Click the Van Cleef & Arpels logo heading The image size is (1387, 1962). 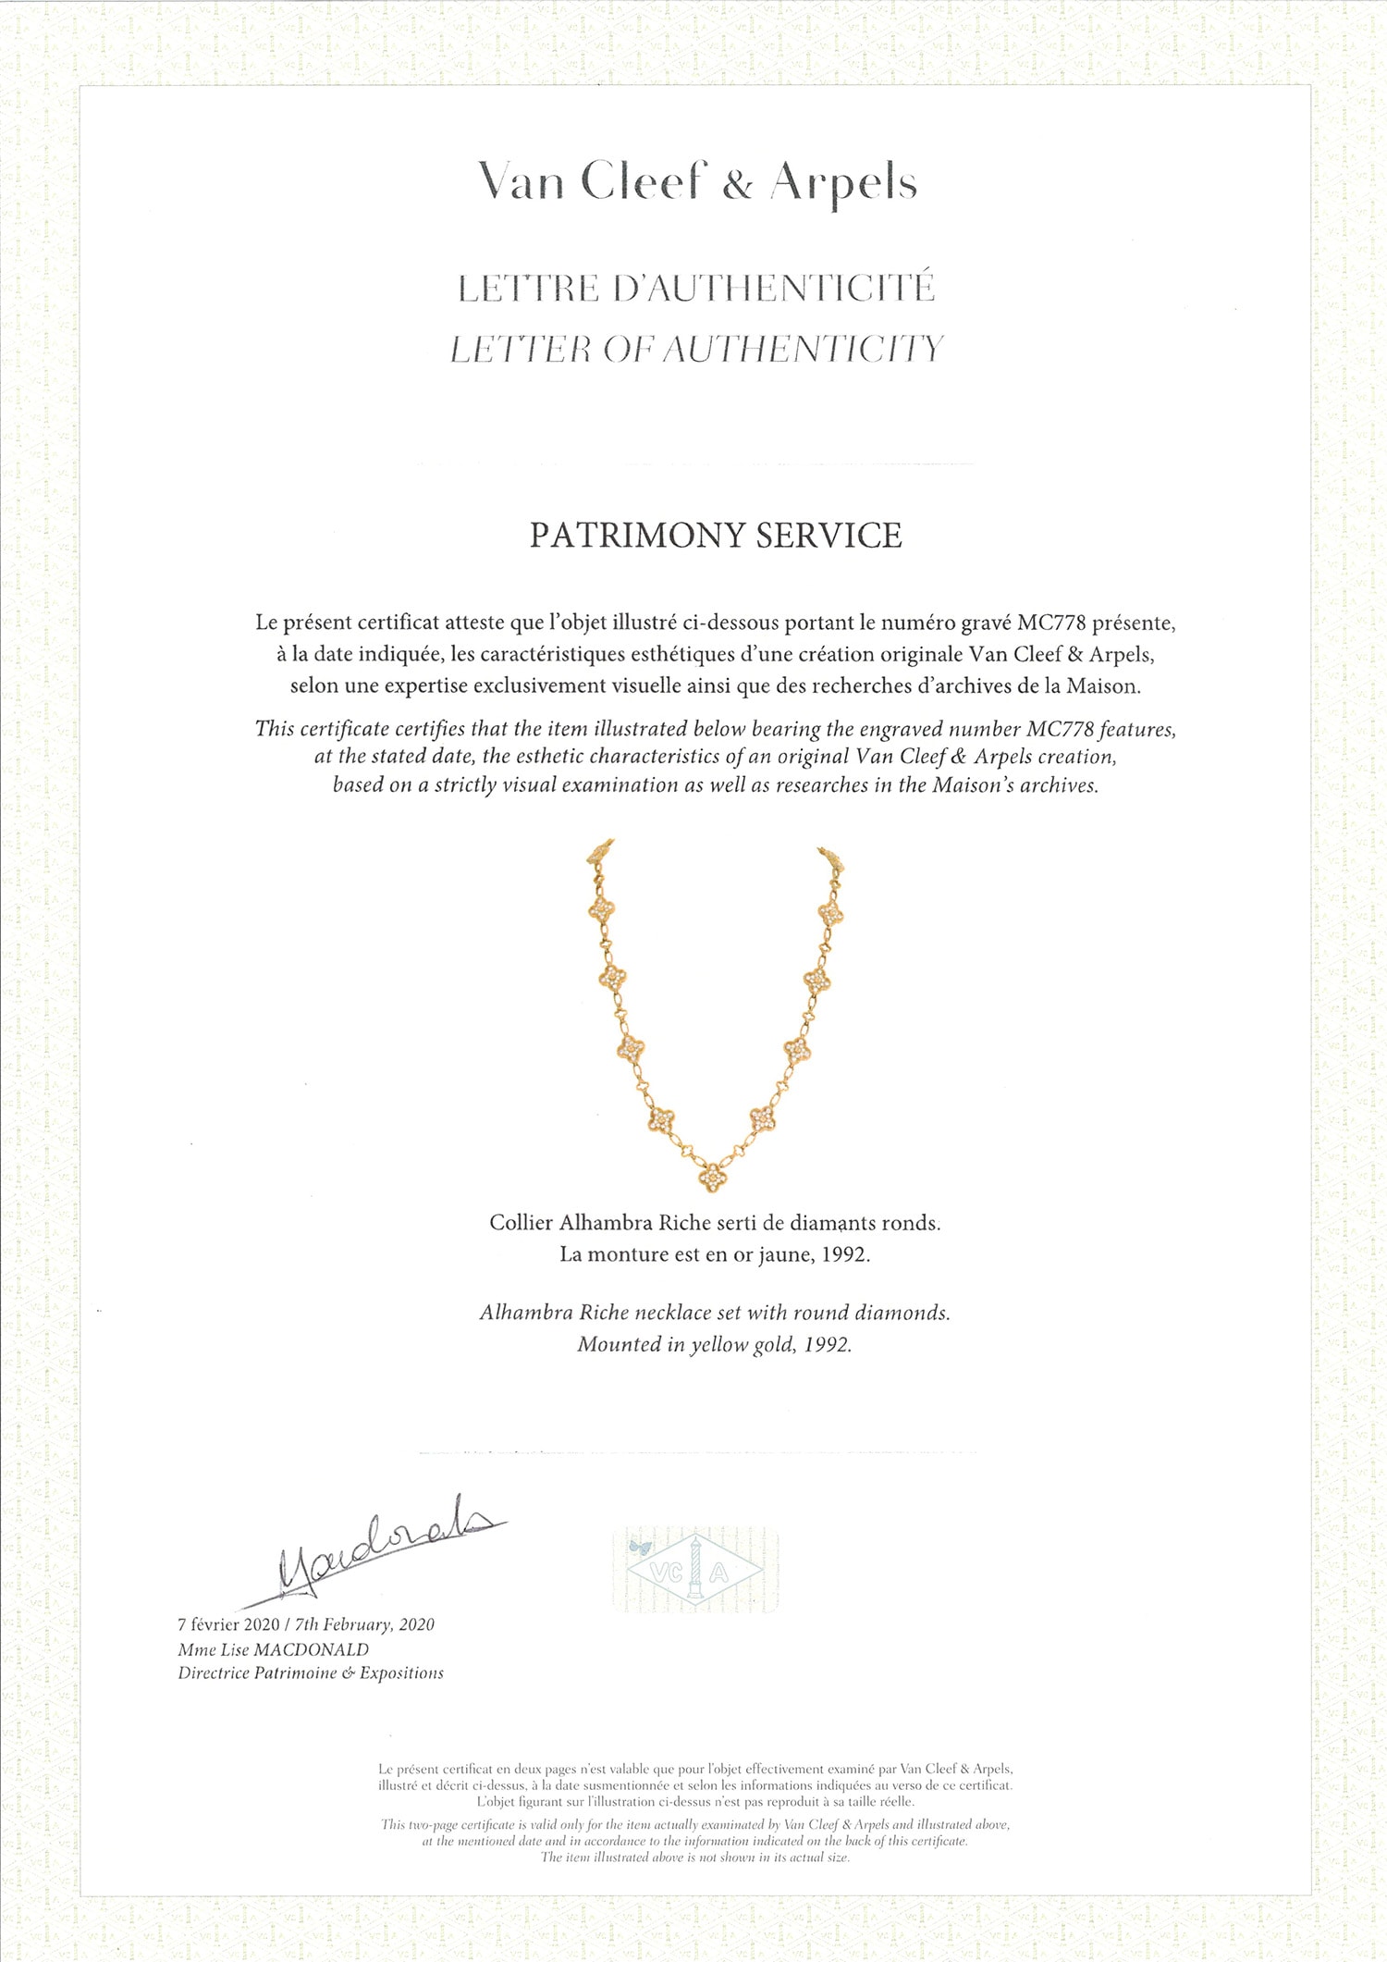point(696,182)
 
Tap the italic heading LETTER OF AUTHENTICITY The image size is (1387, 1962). point(696,350)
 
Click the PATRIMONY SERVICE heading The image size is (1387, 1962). point(715,537)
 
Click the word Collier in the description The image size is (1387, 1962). point(521,1223)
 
